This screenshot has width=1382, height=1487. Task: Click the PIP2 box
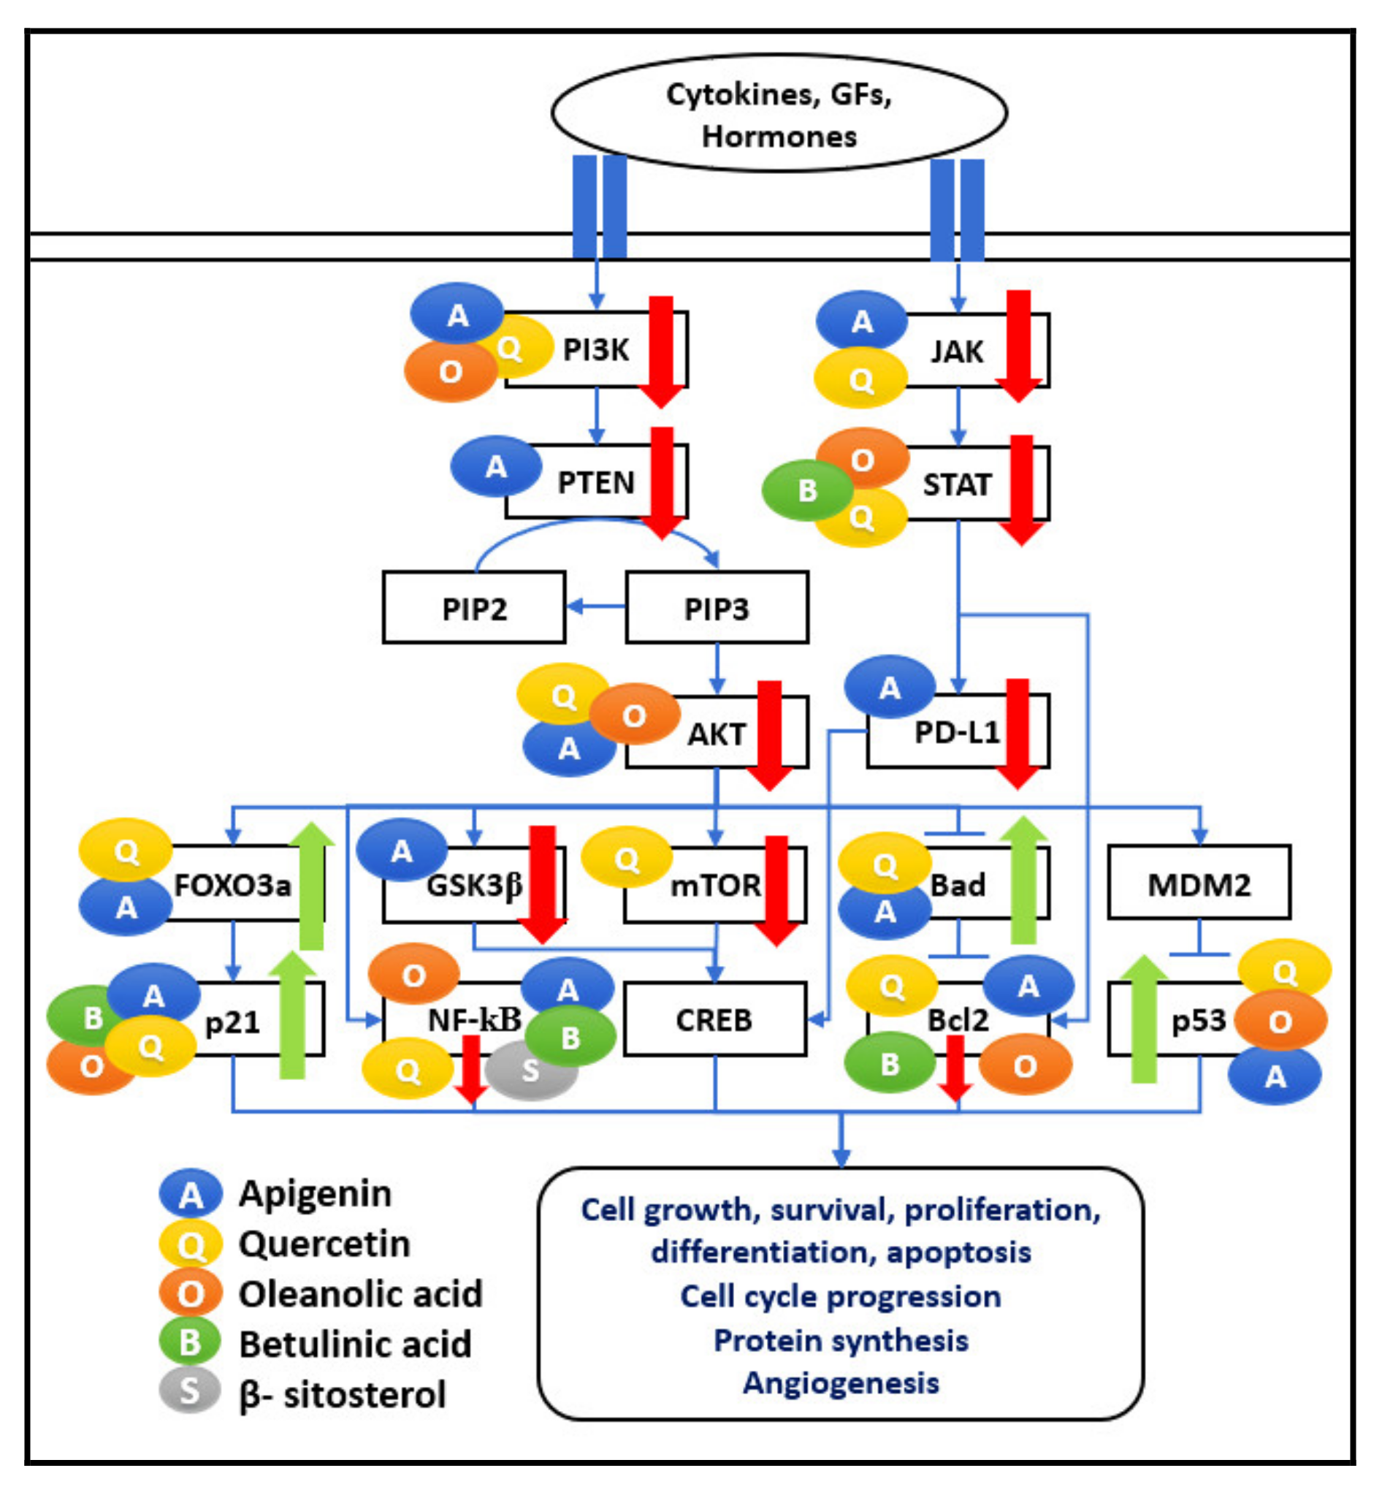473,608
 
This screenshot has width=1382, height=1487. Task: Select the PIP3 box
717,608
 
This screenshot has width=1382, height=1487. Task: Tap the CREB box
714,1019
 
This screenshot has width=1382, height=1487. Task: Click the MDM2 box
1199,884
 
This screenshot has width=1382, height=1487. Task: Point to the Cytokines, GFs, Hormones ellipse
779,113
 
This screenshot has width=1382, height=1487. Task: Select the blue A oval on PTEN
496,467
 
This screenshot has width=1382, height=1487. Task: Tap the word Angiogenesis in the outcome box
841,1383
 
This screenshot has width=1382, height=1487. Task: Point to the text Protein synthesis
841,1339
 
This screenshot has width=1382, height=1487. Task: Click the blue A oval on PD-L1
889,687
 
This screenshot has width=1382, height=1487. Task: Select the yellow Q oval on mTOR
627,859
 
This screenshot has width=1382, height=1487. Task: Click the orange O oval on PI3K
450,372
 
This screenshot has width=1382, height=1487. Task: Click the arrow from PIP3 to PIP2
595,606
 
